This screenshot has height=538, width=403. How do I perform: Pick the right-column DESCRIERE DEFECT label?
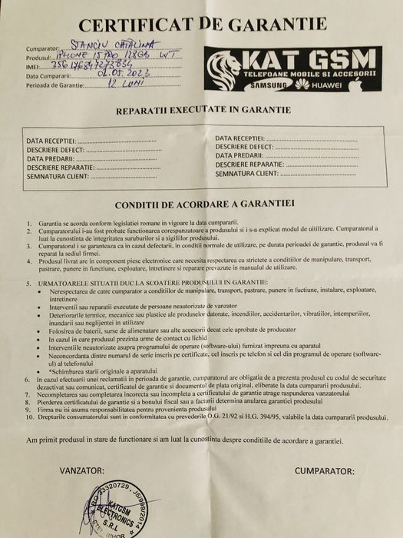tap(243, 145)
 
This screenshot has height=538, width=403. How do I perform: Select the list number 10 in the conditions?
tap(28, 416)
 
